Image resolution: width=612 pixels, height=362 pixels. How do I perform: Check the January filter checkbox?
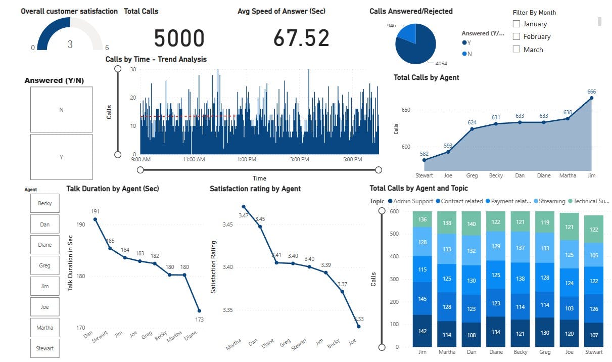(516, 24)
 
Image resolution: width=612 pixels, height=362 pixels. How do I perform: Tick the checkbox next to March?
(516, 49)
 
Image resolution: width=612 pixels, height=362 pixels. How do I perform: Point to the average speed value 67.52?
(301, 38)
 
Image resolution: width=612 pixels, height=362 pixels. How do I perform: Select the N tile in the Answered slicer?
(61, 110)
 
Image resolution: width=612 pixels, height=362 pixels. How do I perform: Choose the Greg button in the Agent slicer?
(44, 265)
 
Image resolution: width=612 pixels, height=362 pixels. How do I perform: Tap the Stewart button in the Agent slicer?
(44, 348)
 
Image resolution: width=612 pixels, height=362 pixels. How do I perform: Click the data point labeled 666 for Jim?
(591, 98)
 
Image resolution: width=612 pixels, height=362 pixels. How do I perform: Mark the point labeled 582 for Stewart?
(425, 160)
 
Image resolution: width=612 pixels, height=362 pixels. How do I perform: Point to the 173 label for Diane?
(200, 320)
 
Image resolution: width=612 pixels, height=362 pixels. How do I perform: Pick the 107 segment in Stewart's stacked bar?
(593, 335)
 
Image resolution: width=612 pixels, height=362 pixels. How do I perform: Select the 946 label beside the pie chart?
(391, 25)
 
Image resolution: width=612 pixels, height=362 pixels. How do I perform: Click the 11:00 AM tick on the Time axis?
(194, 159)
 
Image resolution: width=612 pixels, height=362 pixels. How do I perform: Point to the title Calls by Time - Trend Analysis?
(156, 59)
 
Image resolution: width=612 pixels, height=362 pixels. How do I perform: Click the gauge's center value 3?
(70, 44)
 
